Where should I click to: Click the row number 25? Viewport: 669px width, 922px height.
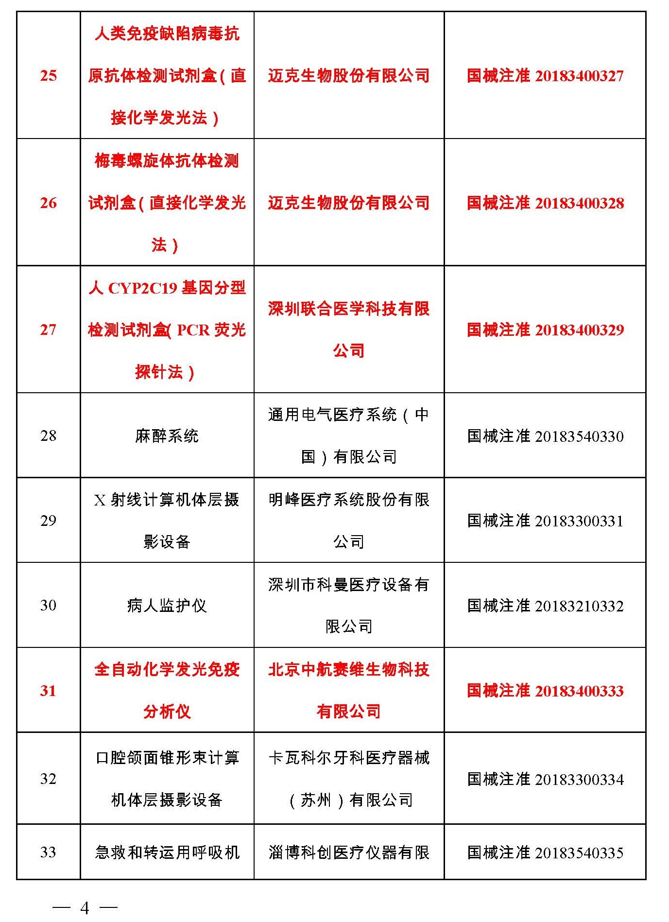[48, 75]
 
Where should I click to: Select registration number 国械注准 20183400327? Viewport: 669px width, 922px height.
[545, 76]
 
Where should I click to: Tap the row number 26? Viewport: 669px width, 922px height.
[48, 203]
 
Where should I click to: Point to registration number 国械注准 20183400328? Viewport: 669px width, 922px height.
[545, 203]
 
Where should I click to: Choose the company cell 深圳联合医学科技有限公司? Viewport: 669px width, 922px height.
[348, 329]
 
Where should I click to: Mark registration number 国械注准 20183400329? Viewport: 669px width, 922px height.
[545, 330]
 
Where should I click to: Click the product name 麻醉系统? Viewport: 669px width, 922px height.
[167, 435]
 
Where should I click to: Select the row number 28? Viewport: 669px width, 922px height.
[48, 435]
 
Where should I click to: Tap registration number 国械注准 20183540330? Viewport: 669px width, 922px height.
[545, 436]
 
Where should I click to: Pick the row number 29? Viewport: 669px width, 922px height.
[48, 521]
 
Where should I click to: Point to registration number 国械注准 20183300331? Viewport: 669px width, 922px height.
[545, 521]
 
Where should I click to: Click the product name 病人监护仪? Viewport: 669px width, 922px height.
[167, 606]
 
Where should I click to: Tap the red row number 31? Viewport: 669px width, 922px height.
[48, 691]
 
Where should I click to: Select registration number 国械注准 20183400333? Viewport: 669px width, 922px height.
[545, 691]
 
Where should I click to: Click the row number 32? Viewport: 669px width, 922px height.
[48, 779]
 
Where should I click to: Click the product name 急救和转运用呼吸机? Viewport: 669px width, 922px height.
[167, 852]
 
